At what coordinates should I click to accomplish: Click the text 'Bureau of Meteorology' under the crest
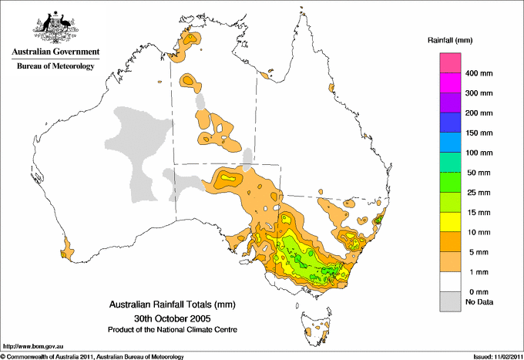point(55,66)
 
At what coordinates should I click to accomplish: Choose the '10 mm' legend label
point(475,232)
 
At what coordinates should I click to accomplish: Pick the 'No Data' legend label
point(478,302)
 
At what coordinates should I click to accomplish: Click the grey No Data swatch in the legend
point(450,301)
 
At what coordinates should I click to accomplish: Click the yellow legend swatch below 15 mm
point(450,223)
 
